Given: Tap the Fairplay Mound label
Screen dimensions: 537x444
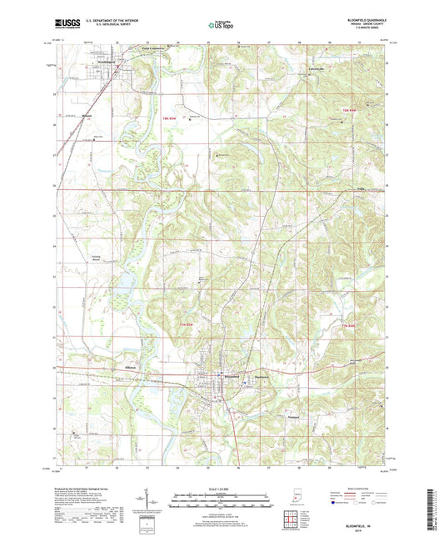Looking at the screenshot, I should click(96, 259).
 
